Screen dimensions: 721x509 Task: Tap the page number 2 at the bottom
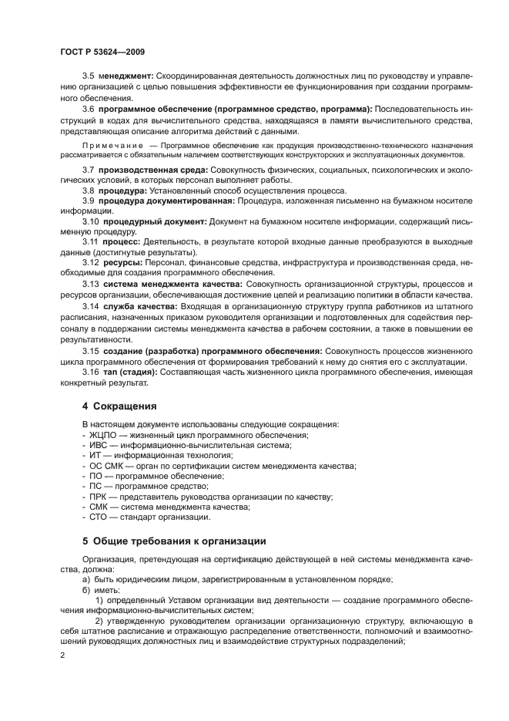click(x=62, y=654)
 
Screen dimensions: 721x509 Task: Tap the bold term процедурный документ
click(x=155, y=221)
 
